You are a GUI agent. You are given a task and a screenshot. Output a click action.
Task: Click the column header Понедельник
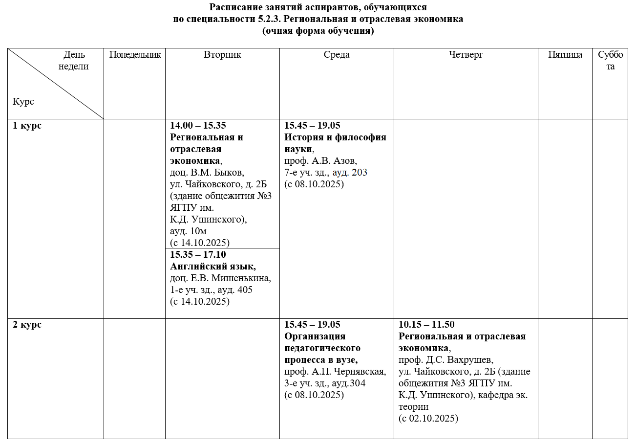click(134, 55)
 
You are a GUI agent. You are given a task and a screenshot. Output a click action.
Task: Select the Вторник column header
click(222, 55)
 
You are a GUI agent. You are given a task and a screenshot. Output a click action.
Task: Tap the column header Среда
click(337, 55)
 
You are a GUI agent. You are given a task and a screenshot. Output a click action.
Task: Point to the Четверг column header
click(466, 55)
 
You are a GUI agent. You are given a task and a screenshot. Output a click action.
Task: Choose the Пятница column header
click(565, 55)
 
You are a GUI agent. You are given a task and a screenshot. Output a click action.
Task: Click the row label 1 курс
click(27, 126)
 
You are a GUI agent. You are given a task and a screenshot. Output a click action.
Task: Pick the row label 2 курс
click(27, 325)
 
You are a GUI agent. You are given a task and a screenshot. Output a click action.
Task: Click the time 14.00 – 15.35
click(198, 126)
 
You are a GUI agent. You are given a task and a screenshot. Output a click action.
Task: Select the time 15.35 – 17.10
click(198, 255)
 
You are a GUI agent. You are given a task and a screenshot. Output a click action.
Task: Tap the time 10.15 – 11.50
click(426, 325)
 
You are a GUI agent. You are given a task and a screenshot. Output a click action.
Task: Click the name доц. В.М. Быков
click(207, 173)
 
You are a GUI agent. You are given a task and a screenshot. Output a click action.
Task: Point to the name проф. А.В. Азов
click(320, 161)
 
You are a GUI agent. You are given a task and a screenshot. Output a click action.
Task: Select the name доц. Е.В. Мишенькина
click(220, 278)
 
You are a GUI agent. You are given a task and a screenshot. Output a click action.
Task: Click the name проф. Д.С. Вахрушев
click(446, 360)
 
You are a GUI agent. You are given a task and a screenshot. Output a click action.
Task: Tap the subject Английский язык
click(213, 267)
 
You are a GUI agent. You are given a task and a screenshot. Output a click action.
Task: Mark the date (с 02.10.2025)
click(428, 419)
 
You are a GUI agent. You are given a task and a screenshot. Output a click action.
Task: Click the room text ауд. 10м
click(189, 231)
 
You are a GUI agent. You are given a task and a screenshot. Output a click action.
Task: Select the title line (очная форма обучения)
click(318, 31)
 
